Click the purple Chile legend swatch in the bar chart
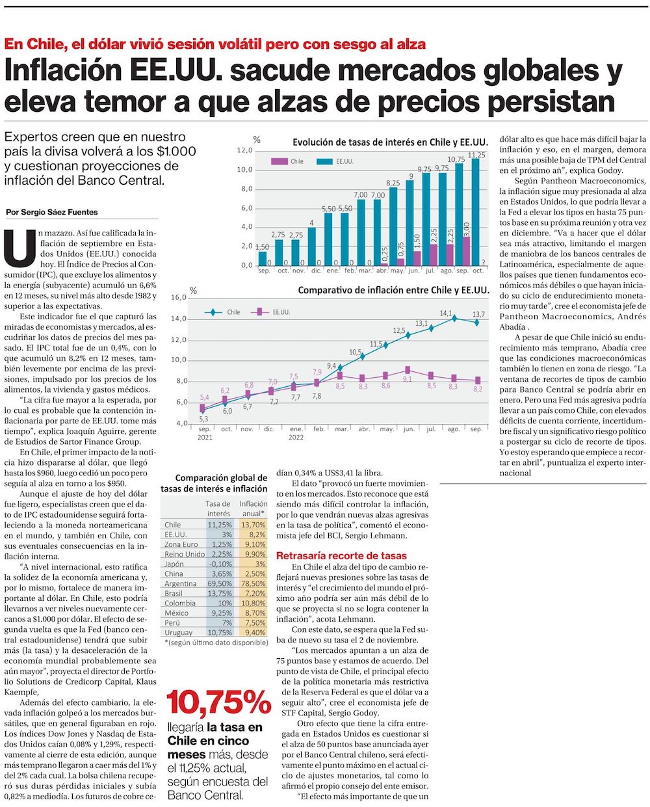tap(279, 161)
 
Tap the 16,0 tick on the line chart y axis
tap(179, 297)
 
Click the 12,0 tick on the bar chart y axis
tap(244, 151)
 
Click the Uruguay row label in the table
tap(178, 632)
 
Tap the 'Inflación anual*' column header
tap(253, 509)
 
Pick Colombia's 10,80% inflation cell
tap(253, 603)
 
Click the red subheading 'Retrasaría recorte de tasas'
tap(341, 555)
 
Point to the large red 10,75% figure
tap(218, 702)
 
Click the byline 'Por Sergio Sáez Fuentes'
tap(51, 212)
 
